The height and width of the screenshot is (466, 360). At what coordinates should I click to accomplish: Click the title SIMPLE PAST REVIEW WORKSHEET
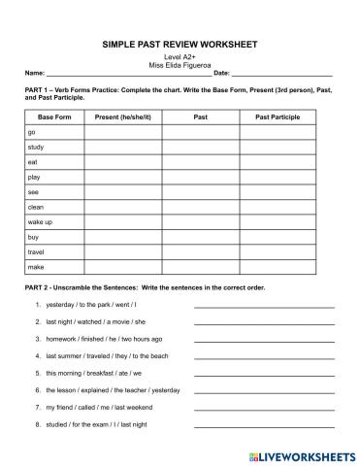(180, 45)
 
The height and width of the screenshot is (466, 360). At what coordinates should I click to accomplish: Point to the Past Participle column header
(277, 116)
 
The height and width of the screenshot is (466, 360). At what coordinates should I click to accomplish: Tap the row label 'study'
(36, 147)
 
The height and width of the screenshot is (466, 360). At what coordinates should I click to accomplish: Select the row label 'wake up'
(40, 222)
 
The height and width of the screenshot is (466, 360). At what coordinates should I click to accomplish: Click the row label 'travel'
(37, 251)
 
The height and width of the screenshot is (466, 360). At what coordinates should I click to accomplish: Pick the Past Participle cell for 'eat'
(277, 162)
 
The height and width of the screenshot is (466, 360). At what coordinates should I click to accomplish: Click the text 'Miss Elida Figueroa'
(180, 65)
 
